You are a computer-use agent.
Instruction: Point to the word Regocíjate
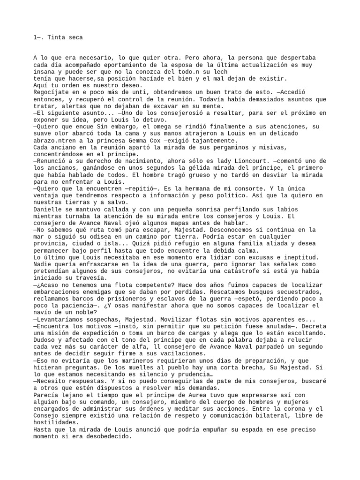(x=52, y=93)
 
